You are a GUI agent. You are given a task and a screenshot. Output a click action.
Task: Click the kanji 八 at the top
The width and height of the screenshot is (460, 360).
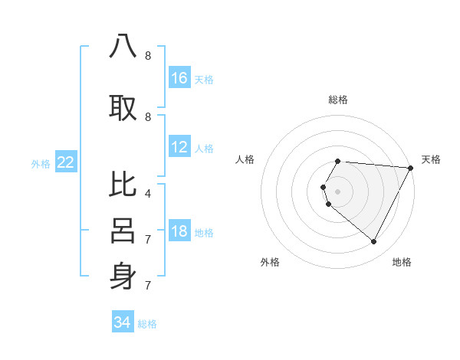click(123, 47)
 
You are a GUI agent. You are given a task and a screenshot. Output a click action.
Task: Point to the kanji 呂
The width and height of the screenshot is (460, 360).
click(123, 231)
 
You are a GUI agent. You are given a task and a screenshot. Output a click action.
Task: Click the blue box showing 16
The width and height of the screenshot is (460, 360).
click(179, 78)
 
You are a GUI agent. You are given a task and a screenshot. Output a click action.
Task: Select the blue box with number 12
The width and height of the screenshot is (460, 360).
click(179, 147)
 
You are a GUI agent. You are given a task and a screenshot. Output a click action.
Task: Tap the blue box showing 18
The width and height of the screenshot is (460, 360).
click(179, 232)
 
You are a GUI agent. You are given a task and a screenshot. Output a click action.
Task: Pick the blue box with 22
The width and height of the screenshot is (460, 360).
click(66, 162)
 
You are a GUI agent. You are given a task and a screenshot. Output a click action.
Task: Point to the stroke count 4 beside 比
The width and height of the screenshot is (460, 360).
click(147, 194)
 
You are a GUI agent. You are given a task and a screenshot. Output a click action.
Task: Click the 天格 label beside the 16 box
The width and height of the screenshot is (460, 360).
click(204, 79)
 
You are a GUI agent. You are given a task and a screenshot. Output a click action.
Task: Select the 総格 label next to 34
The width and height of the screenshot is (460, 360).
click(147, 324)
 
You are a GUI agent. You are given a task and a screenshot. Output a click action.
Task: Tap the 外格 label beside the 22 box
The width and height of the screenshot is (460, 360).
click(41, 163)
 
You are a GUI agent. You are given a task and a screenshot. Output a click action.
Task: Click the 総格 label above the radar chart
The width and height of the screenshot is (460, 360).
click(338, 100)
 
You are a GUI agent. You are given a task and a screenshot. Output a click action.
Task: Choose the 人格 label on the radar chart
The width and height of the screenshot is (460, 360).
click(245, 159)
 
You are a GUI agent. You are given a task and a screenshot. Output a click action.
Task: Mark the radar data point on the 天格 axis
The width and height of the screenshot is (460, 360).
click(411, 167)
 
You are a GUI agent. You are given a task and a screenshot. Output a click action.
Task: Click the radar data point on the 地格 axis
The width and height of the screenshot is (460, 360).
click(374, 242)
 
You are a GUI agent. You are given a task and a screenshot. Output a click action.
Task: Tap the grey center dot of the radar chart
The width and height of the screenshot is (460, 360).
click(338, 191)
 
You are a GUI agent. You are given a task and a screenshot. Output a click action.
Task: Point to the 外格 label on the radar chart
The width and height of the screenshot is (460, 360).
click(270, 262)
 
